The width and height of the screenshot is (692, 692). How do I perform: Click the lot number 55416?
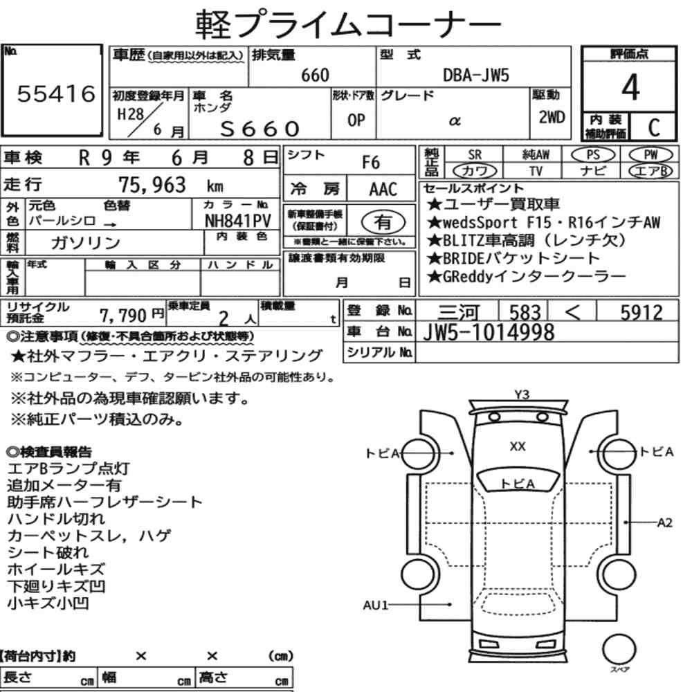[56, 93]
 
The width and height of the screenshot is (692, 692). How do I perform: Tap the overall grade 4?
[630, 87]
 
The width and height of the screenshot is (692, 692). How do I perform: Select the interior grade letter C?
[654, 127]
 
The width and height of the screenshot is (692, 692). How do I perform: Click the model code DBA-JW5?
[476, 75]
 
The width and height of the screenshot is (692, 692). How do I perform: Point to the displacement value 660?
[315, 75]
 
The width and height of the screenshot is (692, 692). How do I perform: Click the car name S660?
[260, 129]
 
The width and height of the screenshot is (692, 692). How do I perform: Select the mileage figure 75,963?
[152, 185]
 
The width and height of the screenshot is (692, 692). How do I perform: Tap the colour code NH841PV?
[238, 221]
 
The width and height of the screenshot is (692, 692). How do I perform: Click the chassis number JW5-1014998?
[489, 332]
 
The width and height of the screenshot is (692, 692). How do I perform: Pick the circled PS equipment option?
[593, 155]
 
